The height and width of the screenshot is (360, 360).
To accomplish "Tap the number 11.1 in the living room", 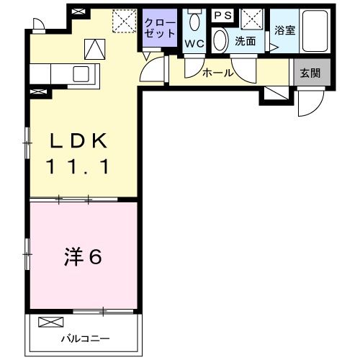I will (x=80, y=167).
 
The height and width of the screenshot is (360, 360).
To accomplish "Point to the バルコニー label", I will (x=84, y=338).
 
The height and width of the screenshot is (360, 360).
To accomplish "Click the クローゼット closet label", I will (x=159, y=28).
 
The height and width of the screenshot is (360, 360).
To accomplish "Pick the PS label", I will (x=222, y=15).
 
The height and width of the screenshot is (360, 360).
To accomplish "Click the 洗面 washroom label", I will (x=245, y=41).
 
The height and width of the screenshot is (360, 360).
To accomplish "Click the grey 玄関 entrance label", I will (x=310, y=71).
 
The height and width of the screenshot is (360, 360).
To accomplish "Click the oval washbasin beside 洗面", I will (x=220, y=40).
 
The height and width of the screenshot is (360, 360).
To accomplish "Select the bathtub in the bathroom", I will (x=315, y=31).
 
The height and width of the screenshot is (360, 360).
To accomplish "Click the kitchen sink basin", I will (x=81, y=73).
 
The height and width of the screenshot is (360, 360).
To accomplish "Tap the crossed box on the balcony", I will (x=51, y=321).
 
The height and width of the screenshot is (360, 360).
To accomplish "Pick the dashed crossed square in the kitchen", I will (x=126, y=21).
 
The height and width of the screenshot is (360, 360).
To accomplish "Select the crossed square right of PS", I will (x=251, y=17).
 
